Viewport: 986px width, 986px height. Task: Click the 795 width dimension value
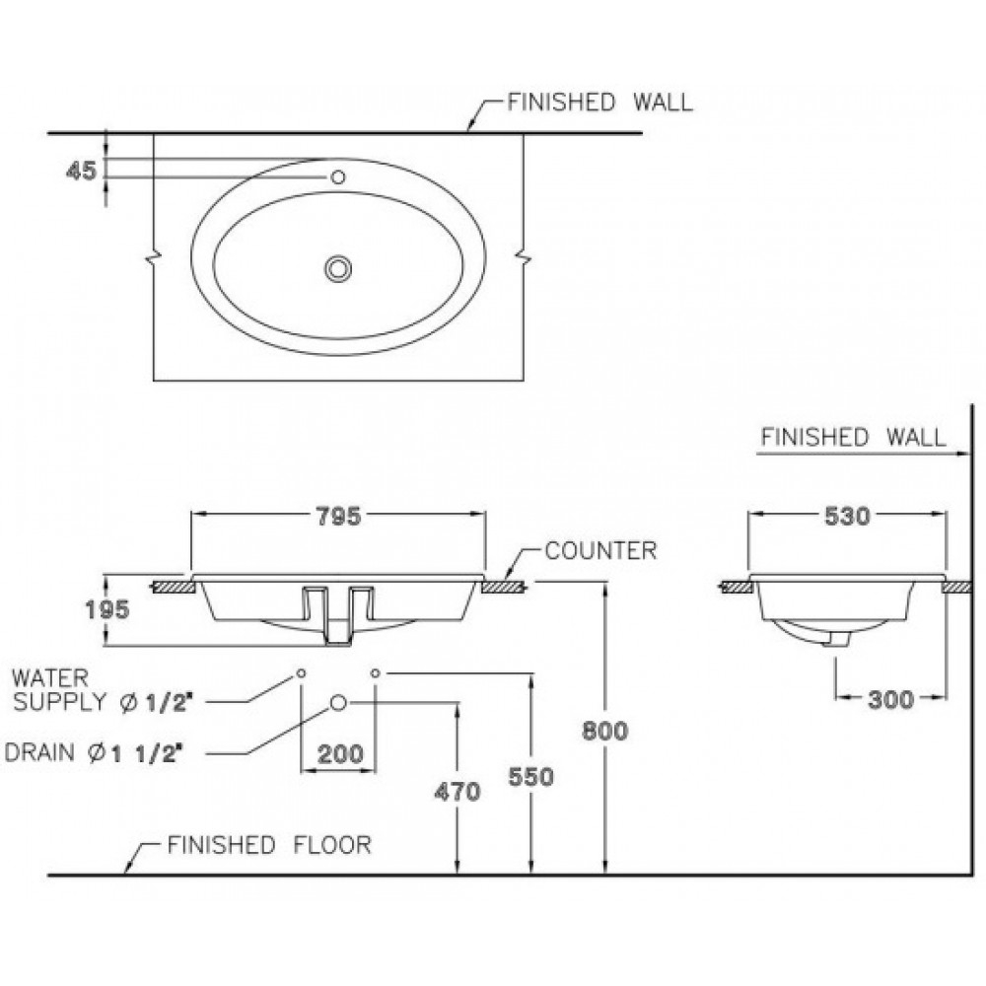(338, 515)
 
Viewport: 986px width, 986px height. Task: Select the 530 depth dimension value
(847, 516)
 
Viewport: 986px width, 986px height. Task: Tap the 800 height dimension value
(605, 731)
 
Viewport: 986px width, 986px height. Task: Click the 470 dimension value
(458, 791)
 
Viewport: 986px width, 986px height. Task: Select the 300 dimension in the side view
(891, 699)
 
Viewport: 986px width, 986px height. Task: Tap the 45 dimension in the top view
(82, 172)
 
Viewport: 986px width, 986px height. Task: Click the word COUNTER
(600, 550)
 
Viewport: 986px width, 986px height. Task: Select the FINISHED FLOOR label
(268, 845)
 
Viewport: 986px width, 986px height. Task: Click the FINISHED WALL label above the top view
(599, 103)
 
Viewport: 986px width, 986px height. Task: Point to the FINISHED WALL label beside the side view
(853, 437)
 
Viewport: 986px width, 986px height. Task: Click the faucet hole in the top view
(338, 177)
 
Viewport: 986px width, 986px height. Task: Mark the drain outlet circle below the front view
(339, 702)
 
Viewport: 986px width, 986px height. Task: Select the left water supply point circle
(301, 673)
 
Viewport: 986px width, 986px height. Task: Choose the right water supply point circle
(376, 673)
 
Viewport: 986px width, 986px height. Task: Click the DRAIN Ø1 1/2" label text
(96, 753)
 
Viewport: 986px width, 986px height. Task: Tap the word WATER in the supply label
(49, 677)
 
